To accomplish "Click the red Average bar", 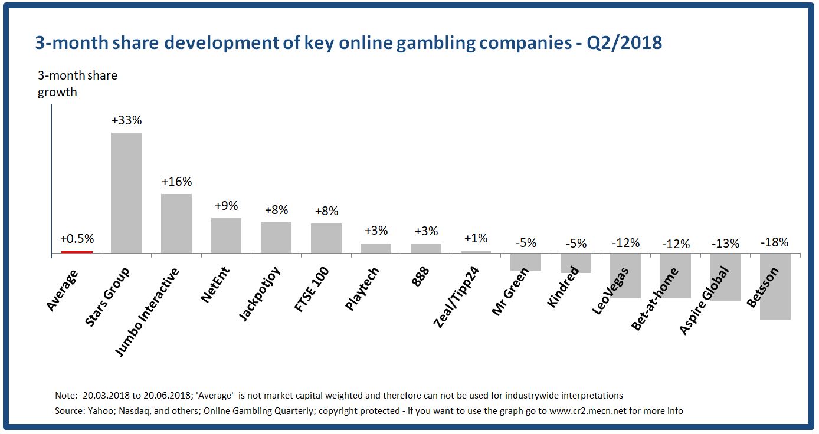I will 77,252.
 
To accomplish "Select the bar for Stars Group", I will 126,193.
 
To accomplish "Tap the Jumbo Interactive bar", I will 176,223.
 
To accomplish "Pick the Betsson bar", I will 775,287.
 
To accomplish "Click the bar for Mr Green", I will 526,262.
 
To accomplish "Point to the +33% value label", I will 126,120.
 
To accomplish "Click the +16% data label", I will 176,182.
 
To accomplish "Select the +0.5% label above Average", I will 77,239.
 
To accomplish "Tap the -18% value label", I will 774,242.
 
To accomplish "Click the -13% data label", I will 725,243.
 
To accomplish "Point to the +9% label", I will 226,206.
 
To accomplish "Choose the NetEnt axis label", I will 215,285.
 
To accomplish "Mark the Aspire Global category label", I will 705,301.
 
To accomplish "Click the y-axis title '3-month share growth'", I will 77,84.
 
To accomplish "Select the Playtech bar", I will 376,248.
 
